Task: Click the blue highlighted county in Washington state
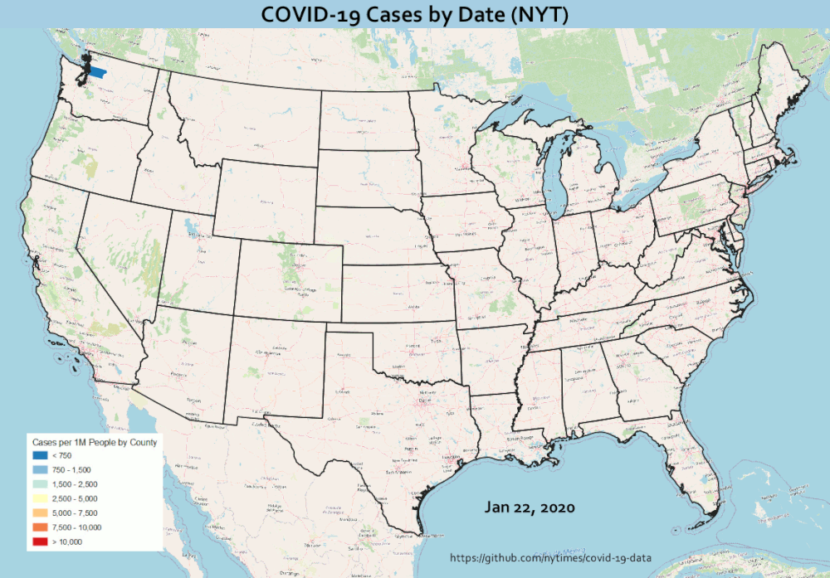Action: tap(98, 71)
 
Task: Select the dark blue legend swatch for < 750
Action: tap(40, 456)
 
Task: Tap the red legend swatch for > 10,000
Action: tap(40, 542)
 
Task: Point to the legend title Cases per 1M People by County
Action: tap(94, 442)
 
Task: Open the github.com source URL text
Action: tap(550, 561)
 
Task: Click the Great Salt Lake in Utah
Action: tap(192, 226)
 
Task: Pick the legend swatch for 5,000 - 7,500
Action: tap(40, 513)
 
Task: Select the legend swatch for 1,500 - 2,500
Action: tap(40, 484)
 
